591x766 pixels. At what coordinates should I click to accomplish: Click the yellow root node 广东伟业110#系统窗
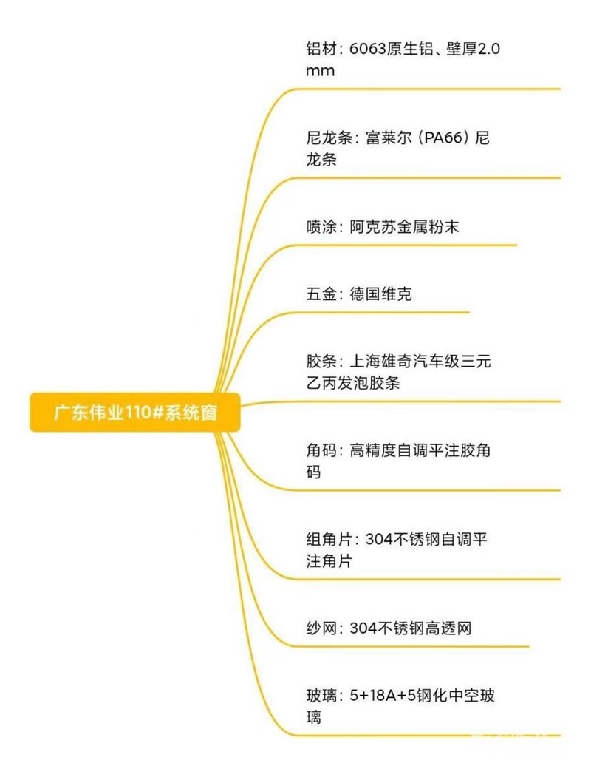coord(134,413)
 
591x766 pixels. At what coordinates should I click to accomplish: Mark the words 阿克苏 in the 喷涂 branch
coord(374,227)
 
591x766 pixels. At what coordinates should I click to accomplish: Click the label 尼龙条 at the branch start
coord(327,138)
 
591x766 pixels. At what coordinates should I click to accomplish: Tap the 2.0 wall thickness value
coord(490,49)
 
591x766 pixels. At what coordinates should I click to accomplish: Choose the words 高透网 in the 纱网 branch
coord(448,628)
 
